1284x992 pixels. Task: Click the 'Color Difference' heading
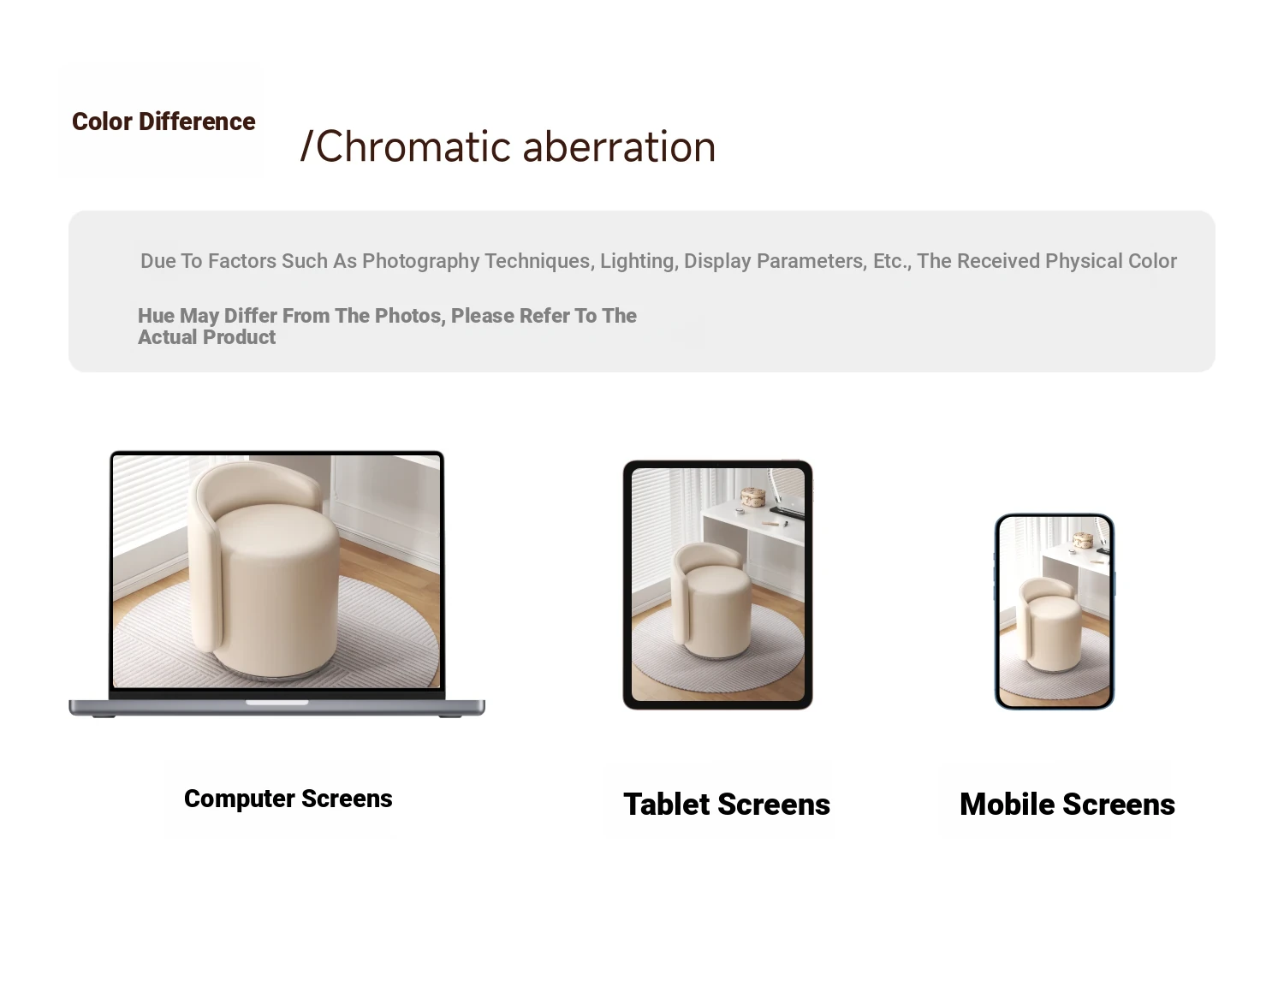coord(163,122)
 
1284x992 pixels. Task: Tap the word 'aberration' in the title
coord(619,146)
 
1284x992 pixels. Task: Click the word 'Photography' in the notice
coord(420,261)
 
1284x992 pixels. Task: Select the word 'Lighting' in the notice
coord(639,261)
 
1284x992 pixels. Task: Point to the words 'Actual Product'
coord(207,337)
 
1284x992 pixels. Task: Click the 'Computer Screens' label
coord(288,799)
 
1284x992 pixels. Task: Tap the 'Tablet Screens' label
coord(727,805)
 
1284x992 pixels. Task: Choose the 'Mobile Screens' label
coord(1067,805)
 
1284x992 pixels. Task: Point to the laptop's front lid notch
coord(276,703)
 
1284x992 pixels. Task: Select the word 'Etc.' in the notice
coord(893,261)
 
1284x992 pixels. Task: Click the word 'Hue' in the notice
coord(156,316)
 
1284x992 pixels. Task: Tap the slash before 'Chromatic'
coord(306,146)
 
